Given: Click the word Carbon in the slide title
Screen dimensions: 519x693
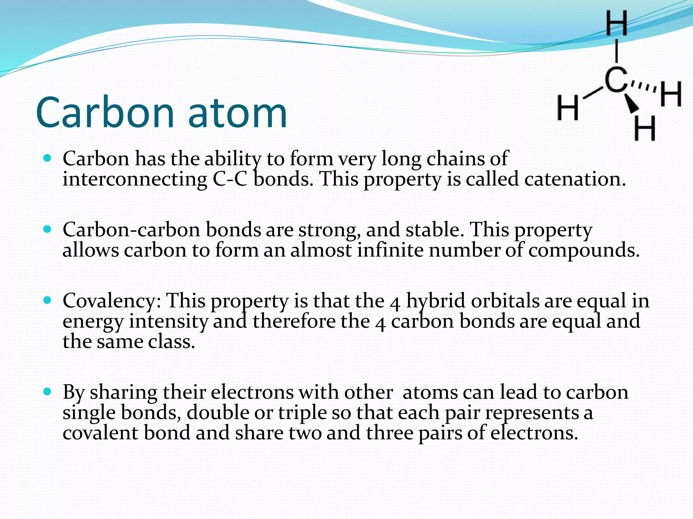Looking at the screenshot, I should pos(105,113).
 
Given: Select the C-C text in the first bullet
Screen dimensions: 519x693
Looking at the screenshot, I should pos(230,179).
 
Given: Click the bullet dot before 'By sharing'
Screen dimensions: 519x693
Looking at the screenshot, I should pos(47,392).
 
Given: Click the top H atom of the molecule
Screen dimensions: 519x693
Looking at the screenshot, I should pos(616,23).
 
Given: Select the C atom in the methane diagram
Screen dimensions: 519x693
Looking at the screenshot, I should pos(616,80).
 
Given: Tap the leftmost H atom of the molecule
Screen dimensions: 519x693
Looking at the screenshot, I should pos(568,108).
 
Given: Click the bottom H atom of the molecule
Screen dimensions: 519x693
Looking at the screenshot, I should pos(645,128).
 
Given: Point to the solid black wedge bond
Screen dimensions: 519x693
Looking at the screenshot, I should pos(631,103).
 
